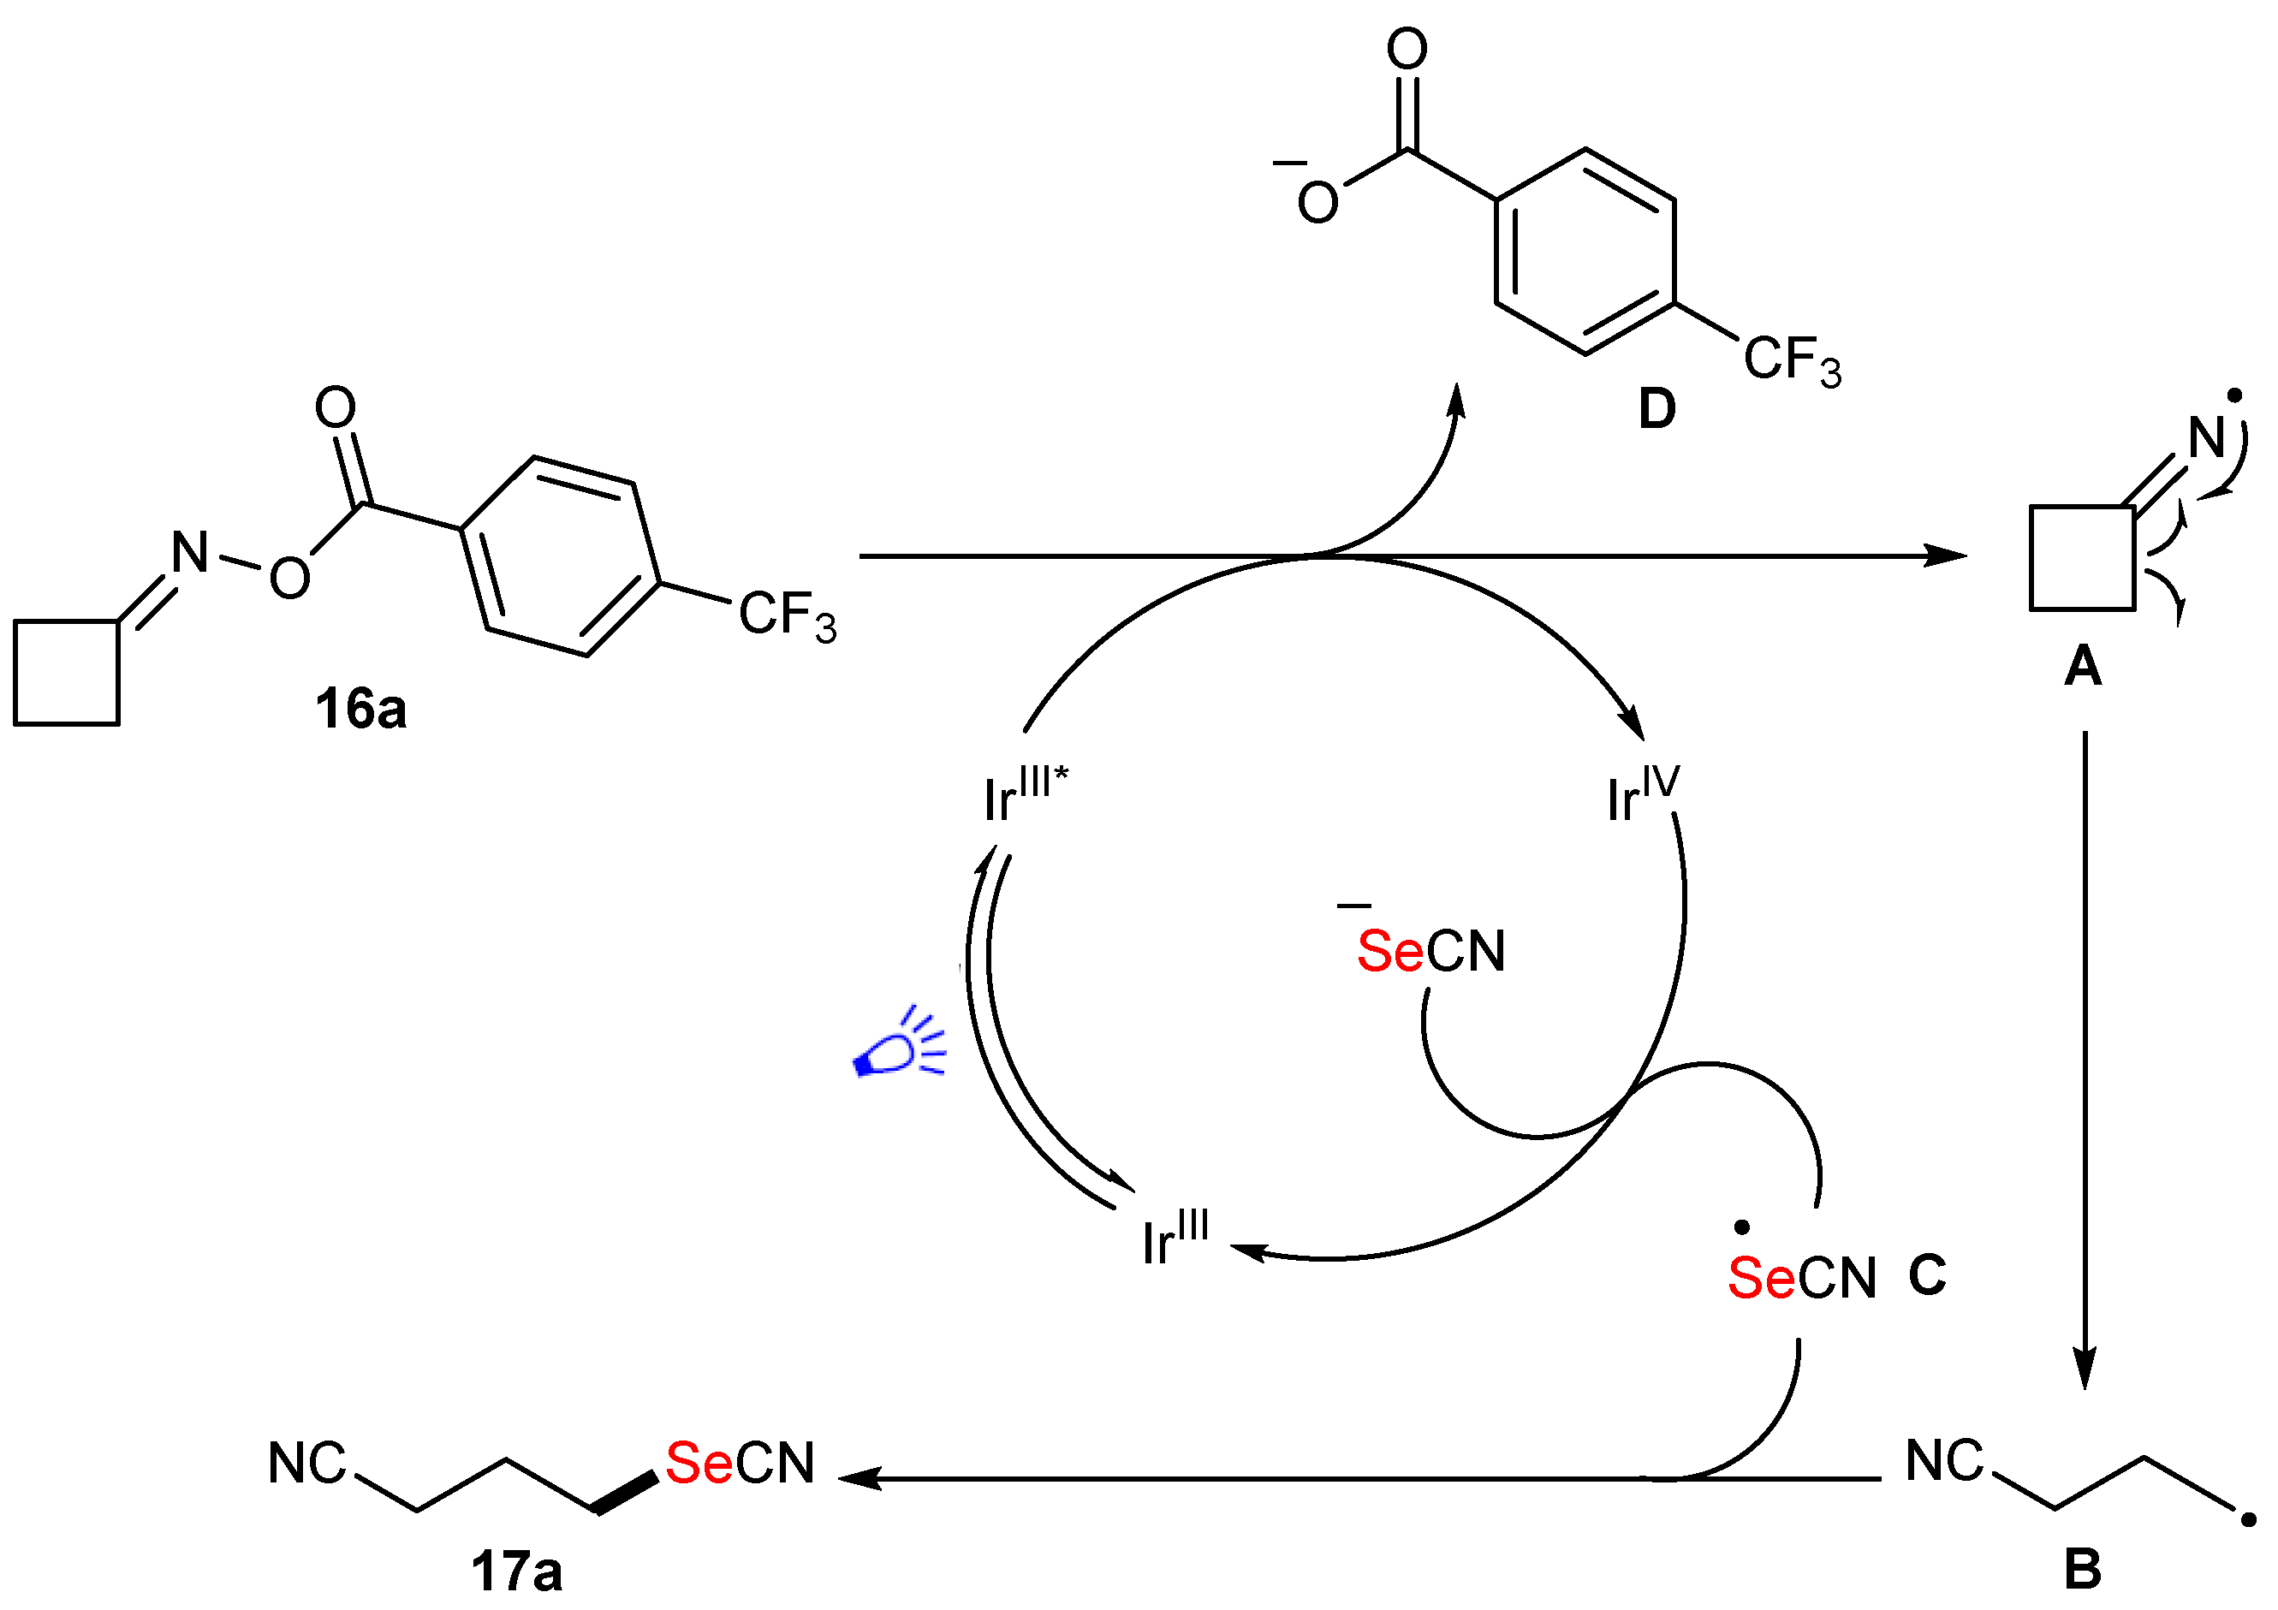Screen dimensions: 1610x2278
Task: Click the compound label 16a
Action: [x=360, y=710]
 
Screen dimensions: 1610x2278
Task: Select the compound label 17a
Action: [x=516, y=1571]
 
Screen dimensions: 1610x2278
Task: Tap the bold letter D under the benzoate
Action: [x=1656, y=407]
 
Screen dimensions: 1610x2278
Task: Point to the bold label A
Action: [x=2083, y=667]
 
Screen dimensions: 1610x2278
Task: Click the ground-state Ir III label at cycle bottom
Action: [x=1175, y=1239]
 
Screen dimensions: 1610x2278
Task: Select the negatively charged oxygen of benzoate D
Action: [x=1317, y=202]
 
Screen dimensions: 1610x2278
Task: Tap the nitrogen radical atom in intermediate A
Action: [x=2207, y=437]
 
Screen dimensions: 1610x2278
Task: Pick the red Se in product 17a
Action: [x=699, y=1463]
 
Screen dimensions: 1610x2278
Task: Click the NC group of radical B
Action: [x=1943, y=1461]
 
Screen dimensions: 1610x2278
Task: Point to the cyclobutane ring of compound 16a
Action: [x=67, y=673]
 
